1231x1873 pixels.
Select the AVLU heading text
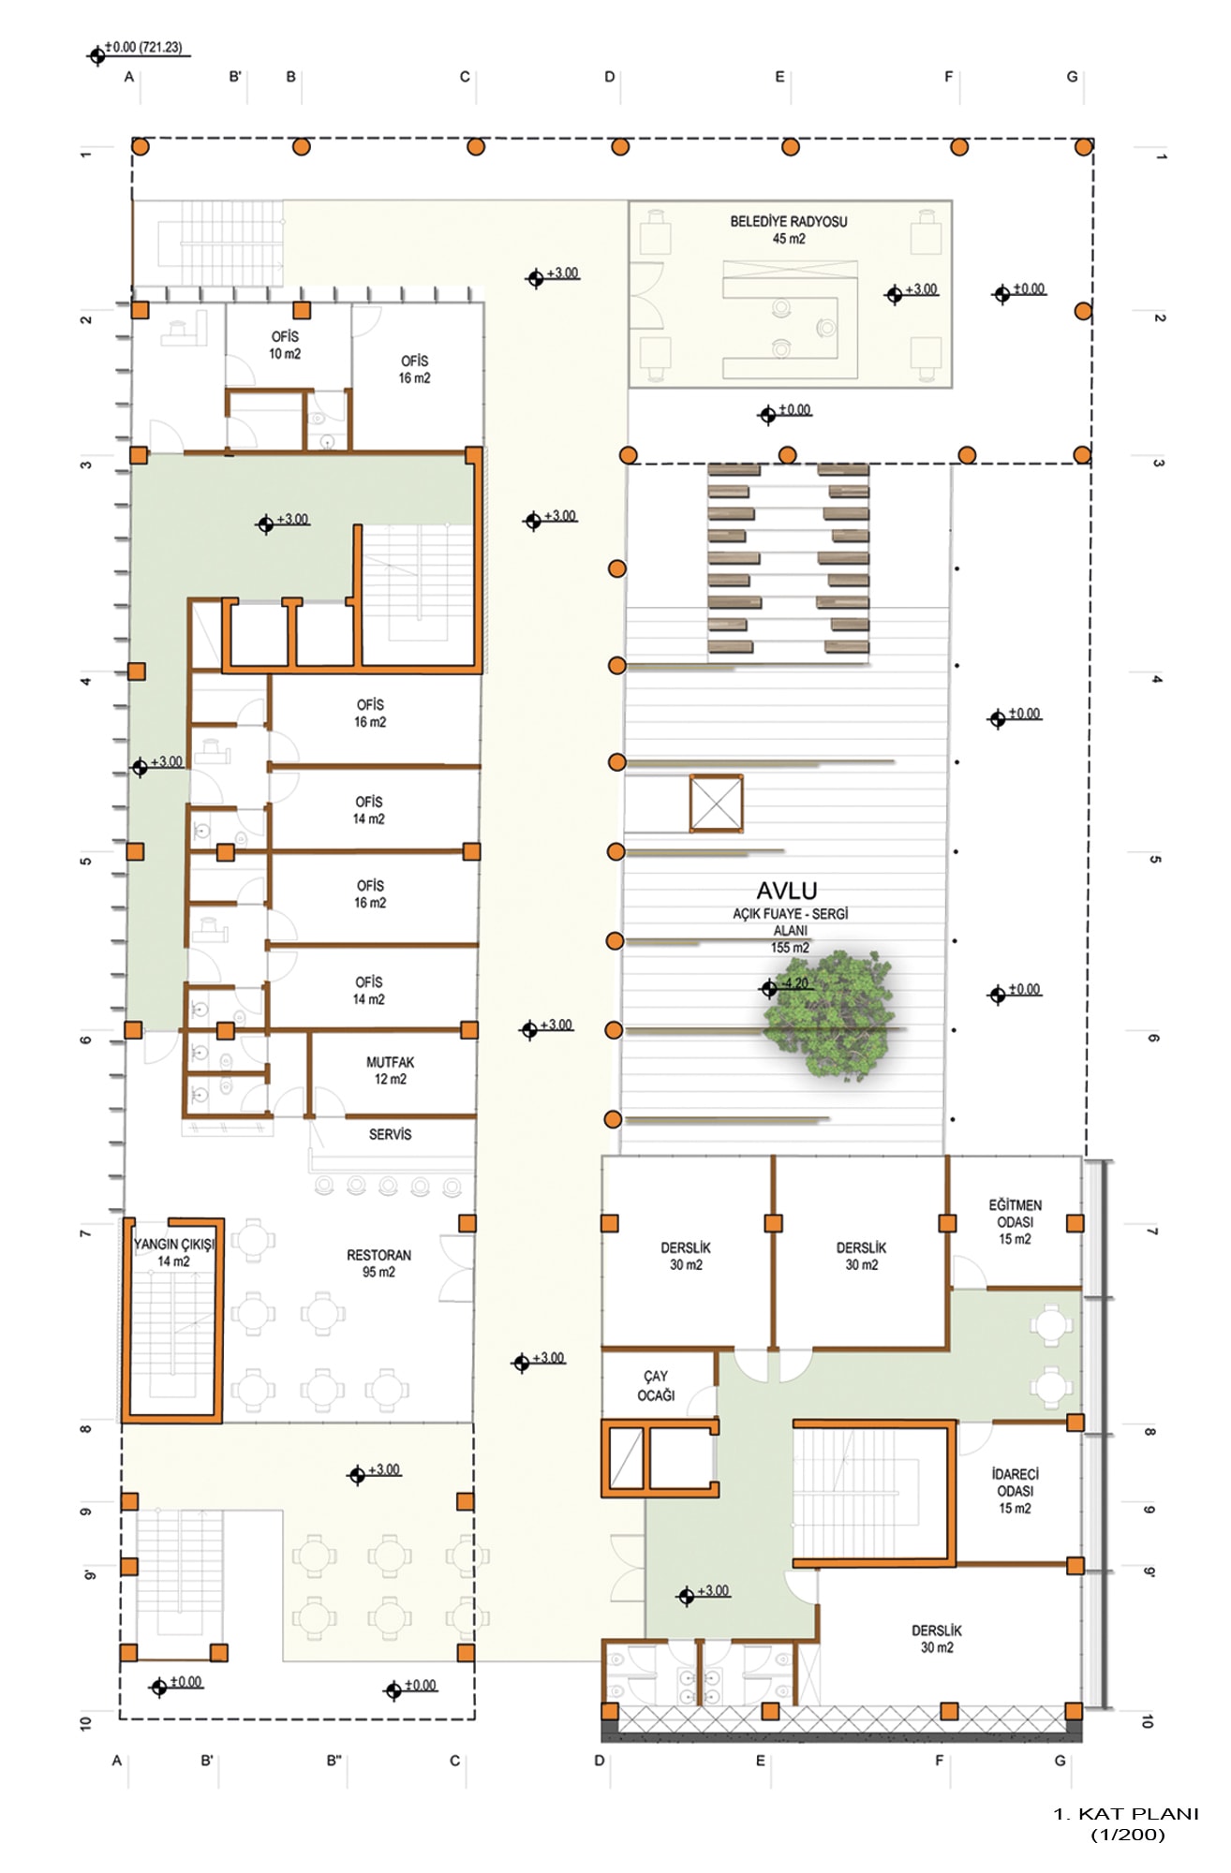coord(787,891)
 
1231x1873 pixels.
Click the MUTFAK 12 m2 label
coord(390,1070)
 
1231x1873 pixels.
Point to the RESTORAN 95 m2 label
coord(378,1263)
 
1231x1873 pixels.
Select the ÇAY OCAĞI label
coord(656,1386)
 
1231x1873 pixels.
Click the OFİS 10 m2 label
coord(285,345)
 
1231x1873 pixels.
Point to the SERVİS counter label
coord(390,1134)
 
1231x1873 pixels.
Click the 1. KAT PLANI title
coord(1126,1814)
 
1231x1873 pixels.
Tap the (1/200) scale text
coord(1128,1835)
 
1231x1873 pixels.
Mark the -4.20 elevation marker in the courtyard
coord(785,985)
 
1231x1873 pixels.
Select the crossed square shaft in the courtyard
coord(717,804)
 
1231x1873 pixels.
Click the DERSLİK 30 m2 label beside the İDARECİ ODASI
coord(937,1639)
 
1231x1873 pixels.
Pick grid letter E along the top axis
coord(779,77)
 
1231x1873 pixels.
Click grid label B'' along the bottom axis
coord(334,1761)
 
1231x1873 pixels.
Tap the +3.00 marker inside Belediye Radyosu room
coord(912,292)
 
